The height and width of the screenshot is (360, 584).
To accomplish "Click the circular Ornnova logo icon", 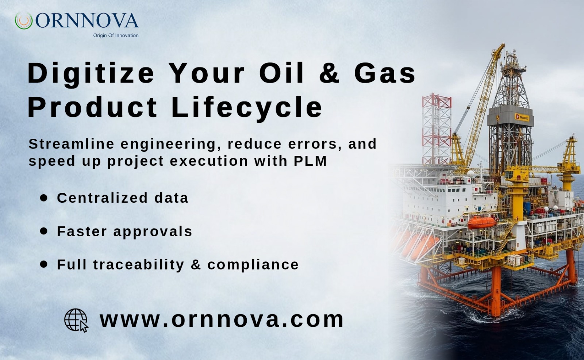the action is pos(24,21).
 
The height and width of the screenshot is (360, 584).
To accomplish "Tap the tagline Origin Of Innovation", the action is pos(116,35).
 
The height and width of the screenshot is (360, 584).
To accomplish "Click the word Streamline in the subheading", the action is pos(72,144).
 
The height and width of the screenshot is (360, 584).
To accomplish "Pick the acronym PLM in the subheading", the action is pos(310,161).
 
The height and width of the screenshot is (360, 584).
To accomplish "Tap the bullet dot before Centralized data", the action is pos(44,198).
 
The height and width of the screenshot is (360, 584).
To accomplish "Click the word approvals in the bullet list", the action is pos(153,231).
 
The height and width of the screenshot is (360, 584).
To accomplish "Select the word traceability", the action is pos(139,265).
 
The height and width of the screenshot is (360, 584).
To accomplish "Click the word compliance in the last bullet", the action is pos(253,265).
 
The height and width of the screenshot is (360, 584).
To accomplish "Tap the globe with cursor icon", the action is pos(76,320).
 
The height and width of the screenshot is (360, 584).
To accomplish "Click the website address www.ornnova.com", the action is pos(222,319).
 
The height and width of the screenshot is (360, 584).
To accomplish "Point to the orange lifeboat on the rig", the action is pos(482,222).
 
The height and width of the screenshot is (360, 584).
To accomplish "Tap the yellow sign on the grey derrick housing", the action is pos(522,118).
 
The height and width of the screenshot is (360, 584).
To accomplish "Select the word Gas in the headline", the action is pos(385,73).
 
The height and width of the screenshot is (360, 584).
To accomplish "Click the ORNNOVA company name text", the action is pos(87,20).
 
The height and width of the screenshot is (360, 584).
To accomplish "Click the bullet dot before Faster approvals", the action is pos(44,231).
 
